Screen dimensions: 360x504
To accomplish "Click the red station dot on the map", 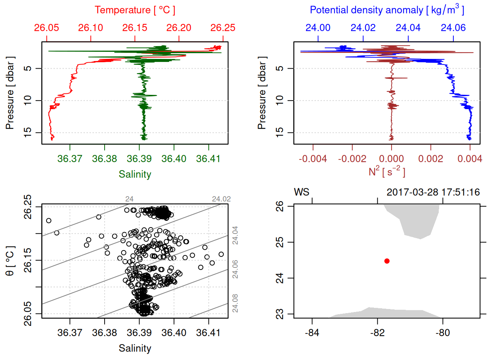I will pyautogui.click(x=387, y=261).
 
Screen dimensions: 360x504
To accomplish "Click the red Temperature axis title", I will pyautogui.click(x=135, y=10).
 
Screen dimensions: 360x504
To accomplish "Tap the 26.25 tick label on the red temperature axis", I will pyautogui.click(x=223, y=28).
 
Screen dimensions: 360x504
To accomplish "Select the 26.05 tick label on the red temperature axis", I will pyautogui.click(x=46, y=28).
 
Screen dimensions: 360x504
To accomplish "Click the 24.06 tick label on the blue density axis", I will pyautogui.click(x=453, y=28).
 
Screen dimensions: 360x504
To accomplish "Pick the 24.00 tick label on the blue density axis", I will pyautogui.click(x=318, y=28).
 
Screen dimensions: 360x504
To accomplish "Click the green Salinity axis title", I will pyautogui.click(x=135, y=174).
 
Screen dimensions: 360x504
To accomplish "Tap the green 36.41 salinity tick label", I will pyautogui.click(x=208, y=159).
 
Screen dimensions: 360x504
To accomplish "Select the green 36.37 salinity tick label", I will pyautogui.click(x=70, y=159).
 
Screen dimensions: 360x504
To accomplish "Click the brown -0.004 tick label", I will pyautogui.click(x=313, y=159).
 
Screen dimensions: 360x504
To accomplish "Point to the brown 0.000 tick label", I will pyautogui.click(x=391, y=159).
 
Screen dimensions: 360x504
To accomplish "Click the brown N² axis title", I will pyautogui.click(x=387, y=171).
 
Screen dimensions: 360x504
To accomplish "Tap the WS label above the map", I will pyautogui.click(x=301, y=192).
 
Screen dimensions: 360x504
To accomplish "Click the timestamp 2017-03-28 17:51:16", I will pyautogui.click(x=433, y=192).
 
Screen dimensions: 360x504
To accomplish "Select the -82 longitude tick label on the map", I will pyautogui.click(x=377, y=333).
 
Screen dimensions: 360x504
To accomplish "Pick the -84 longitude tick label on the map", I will pyautogui.click(x=312, y=333).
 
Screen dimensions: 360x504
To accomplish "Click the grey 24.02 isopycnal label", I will pyautogui.click(x=221, y=199).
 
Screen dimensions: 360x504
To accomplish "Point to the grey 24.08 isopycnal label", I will pyautogui.click(x=235, y=303).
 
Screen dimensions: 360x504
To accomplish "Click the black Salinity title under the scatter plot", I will pyautogui.click(x=135, y=348).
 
